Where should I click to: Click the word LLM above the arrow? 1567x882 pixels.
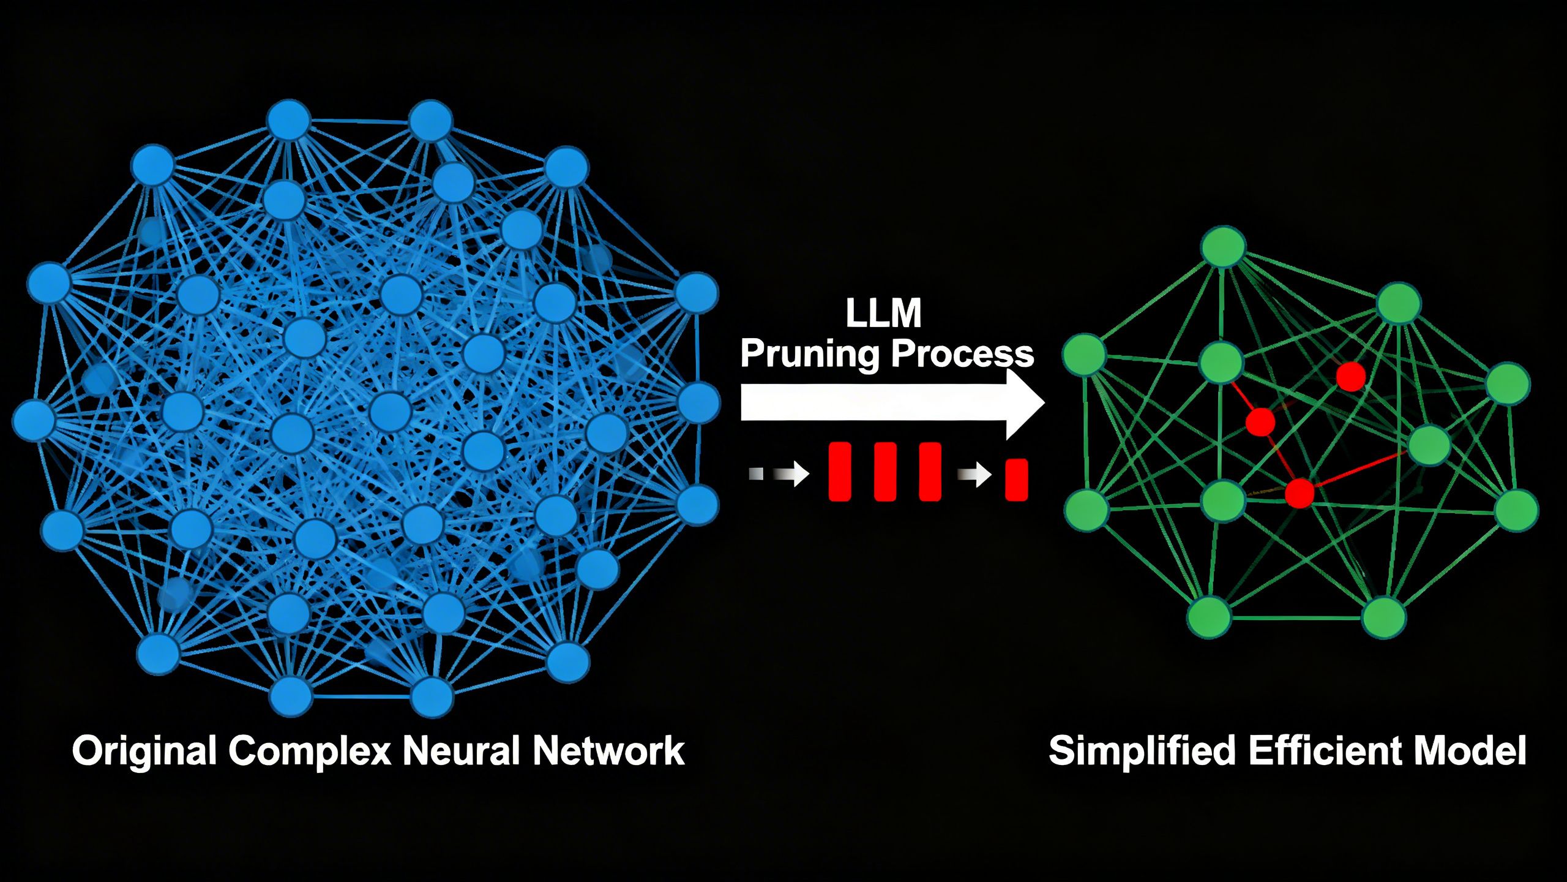click(x=883, y=314)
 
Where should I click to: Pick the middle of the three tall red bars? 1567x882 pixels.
click(x=885, y=472)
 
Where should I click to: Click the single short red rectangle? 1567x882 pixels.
click(x=1016, y=480)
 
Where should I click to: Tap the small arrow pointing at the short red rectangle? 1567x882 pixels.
click(x=974, y=473)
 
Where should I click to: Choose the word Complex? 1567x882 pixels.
click(x=310, y=751)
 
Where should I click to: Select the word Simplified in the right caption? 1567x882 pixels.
click(x=1142, y=751)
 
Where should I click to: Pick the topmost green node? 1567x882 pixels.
click(x=1224, y=247)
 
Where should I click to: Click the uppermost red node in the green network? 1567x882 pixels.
click(x=1351, y=377)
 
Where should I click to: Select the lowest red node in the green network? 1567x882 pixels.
click(x=1300, y=493)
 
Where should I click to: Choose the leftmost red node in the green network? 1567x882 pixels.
click(x=1260, y=421)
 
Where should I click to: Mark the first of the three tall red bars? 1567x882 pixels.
click(x=840, y=472)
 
